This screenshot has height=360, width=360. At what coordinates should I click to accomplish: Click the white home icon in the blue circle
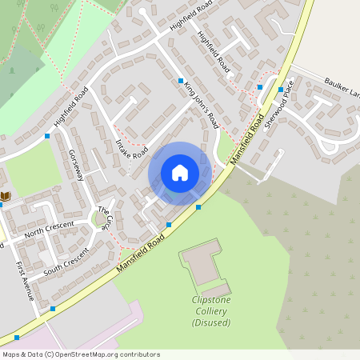[x=180, y=173]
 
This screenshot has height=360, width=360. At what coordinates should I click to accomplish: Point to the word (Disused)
[x=211, y=322]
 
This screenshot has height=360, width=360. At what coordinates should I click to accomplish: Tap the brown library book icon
[x=6, y=196]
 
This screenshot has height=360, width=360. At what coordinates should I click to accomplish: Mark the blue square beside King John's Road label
[x=181, y=81]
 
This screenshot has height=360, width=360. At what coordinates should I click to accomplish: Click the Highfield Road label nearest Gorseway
[x=70, y=113]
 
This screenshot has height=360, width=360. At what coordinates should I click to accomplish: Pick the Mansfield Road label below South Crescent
[x=140, y=251]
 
